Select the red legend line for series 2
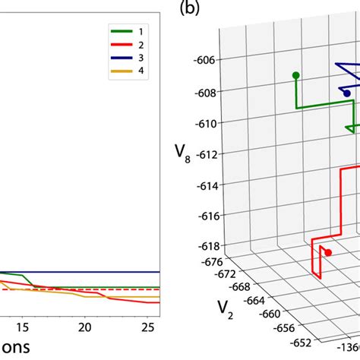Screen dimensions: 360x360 pyautogui.click(x=118, y=45)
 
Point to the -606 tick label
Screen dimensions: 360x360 pyautogui.click(x=207, y=60)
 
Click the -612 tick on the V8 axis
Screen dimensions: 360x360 pyautogui.click(x=207, y=154)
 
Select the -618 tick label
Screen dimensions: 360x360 pyautogui.click(x=207, y=247)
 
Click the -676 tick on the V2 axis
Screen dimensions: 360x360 pyautogui.click(x=210, y=263)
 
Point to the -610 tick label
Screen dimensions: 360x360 pyautogui.click(x=207, y=123)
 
